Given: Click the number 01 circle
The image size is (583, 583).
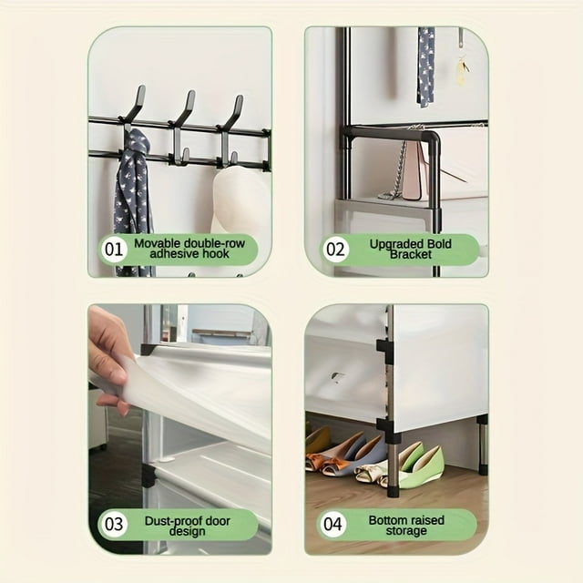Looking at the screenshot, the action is point(114,250).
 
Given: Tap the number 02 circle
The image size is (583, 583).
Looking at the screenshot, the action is point(335,250).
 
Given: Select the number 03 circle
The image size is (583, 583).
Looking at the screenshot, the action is point(114,525).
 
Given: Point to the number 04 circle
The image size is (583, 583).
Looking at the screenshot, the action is point(332,525).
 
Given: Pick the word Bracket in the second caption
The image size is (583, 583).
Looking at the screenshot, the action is point(411,255).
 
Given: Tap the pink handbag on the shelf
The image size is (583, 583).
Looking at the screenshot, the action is point(413,172).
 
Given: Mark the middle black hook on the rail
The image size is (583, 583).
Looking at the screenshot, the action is point(183,127).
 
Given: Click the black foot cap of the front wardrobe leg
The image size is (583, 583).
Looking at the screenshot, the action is point(394,492).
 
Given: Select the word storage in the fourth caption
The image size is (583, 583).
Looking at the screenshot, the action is point(406,531).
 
